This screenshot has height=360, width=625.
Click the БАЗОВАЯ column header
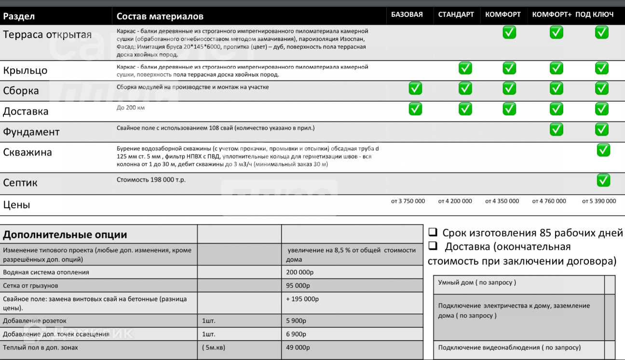click(407, 14)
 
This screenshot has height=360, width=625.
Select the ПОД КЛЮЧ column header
click(594, 14)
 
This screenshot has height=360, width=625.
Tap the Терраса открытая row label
click(47, 35)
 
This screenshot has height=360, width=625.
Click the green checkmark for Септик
click(603, 180)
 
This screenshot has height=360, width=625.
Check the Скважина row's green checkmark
click(603, 150)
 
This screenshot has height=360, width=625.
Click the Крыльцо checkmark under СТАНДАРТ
click(465, 68)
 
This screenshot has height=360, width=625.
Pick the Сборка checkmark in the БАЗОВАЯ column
click(415, 89)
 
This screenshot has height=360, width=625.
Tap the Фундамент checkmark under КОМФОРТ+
click(556, 129)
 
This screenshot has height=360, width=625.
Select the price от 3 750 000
click(408, 201)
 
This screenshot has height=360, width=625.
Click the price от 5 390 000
click(599, 201)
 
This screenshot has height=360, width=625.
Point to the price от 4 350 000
click(502, 201)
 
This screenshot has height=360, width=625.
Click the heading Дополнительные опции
click(65, 235)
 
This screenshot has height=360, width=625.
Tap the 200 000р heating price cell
click(300, 272)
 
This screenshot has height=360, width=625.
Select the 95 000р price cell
click(298, 285)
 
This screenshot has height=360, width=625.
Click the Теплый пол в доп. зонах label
click(41, 347)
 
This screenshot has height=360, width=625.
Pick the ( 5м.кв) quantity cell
click(214, 347)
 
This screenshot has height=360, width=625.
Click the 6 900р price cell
click(297, 334)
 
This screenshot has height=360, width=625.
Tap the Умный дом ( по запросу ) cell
click(477, 282)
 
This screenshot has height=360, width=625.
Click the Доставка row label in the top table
click(26, 111)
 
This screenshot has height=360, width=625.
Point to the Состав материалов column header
click(160, 16)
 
